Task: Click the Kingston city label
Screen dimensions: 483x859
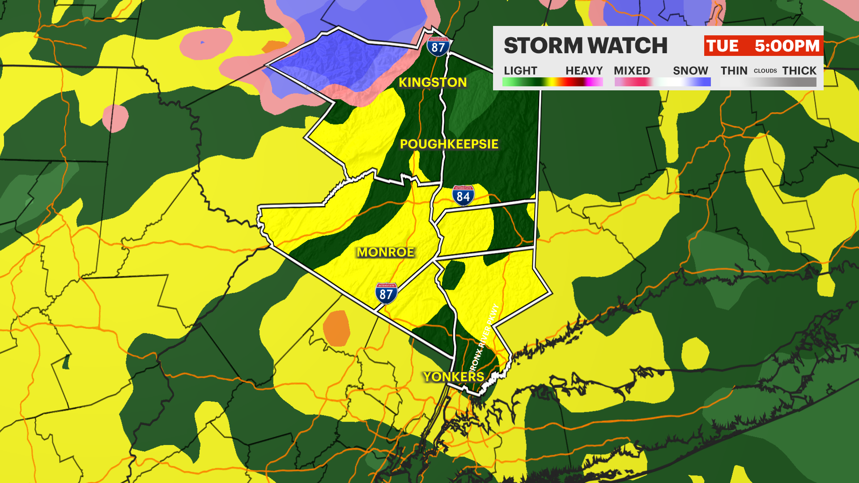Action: [433, 82]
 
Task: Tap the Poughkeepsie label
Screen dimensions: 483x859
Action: [449, 144]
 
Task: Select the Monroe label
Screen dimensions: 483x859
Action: [385, 252]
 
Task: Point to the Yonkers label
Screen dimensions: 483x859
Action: [454, 377]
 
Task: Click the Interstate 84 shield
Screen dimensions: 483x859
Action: [463, 195]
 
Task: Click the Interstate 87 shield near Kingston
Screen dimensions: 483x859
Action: [438, 46]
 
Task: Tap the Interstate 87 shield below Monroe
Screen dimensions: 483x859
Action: [386, 293]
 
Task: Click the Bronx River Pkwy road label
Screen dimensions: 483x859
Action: [485, 338]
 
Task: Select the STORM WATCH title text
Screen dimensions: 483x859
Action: [585, 46]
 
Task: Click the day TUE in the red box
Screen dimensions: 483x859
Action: [722, 46]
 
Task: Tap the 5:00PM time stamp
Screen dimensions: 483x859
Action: [787, 46]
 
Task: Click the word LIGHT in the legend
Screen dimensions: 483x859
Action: [520, 71]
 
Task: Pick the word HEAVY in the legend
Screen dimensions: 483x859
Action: [584, 71]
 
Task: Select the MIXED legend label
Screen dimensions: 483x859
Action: [632, 71]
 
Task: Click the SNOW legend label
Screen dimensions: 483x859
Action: [690, 71]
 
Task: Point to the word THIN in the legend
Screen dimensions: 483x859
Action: [734, 71]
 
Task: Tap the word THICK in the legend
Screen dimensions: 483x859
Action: [799, 71]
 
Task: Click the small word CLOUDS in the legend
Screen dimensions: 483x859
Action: [765, 71]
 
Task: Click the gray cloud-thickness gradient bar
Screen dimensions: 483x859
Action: [768, 82]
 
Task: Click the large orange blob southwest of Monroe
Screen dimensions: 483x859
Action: [336, 328]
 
